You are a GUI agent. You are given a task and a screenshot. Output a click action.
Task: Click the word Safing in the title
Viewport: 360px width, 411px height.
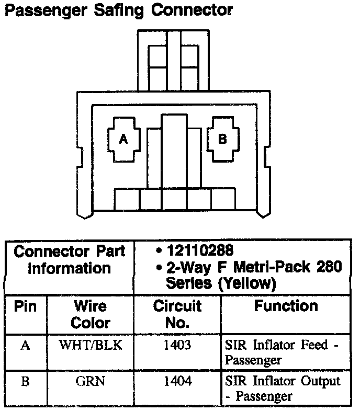click(118, 11)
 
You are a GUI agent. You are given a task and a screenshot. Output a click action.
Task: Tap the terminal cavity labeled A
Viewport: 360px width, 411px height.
click(123, 139)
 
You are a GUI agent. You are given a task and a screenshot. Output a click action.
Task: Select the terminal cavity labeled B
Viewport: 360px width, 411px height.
click(222, 139)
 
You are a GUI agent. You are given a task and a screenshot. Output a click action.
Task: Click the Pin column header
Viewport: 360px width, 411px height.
click(25, 306)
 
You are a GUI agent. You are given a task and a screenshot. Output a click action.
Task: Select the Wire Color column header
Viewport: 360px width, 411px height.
click(90, 314)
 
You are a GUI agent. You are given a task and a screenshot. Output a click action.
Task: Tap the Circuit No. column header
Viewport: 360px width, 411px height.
click(177, 314)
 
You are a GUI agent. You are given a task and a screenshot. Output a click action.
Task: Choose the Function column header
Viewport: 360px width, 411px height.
click(286, 306)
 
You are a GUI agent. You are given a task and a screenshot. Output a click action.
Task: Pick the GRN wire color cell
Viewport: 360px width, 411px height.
click(90, 381)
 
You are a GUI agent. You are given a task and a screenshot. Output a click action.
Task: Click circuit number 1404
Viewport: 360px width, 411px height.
click(177, 381)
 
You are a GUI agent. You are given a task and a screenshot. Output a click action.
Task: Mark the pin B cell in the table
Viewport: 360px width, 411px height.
click(25, 381)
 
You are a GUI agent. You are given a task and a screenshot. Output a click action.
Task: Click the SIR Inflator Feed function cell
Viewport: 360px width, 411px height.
click(283, 352)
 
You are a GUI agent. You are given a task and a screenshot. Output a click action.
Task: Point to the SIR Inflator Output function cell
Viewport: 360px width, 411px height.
click(283, 388)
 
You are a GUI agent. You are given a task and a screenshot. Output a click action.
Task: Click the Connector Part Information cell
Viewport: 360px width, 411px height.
click(69, 260)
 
